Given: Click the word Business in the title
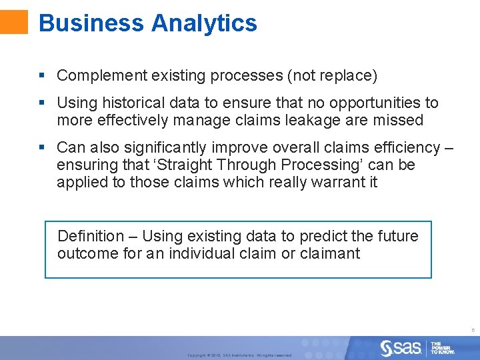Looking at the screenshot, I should click(91, 23).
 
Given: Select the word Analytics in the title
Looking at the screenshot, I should click(204, 23).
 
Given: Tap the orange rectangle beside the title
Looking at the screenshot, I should click(14, 21).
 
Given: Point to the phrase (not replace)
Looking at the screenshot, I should click(332, 76).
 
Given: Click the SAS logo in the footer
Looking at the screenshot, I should click(401, 347).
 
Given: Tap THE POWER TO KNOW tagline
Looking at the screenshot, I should click(443, 347).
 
